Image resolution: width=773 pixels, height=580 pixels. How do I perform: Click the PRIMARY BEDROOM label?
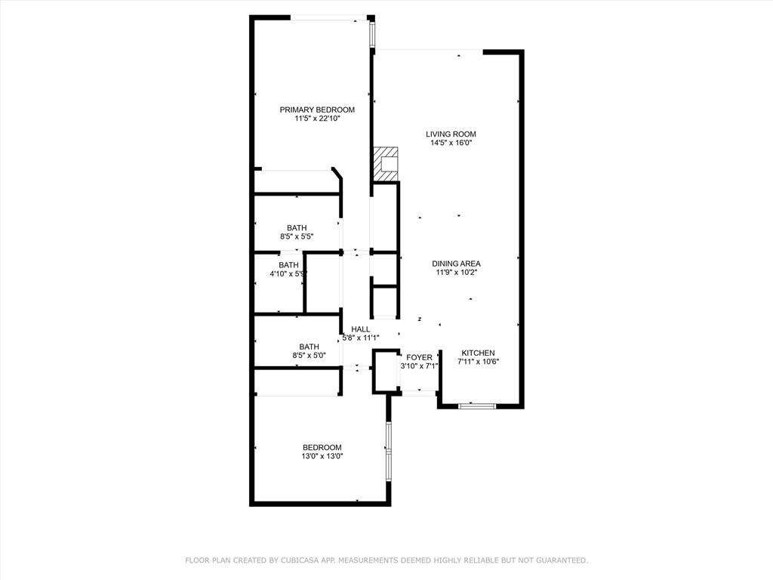click(x=317, y=110)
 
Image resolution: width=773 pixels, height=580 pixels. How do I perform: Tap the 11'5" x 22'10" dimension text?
click(x=317, y=119)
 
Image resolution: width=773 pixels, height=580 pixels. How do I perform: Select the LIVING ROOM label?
click(x=451, y=134)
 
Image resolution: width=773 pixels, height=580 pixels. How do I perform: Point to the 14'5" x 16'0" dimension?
click(x=451, y=143)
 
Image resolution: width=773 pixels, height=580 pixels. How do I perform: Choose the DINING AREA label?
click(x=456, y=264)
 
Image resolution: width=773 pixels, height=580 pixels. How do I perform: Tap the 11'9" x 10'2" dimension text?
click(x=456, y=273)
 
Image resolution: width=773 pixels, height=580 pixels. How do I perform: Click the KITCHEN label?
click(x=478, y=353)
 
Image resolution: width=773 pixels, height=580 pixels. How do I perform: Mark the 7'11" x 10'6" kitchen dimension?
click(x=478, y=362)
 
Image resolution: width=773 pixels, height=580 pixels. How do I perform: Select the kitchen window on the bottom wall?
click(x=477, y=406)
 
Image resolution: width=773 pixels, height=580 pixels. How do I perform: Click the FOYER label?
click(x=419, y=357)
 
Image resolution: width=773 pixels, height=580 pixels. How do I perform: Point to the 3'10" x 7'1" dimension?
click(x=419, y=366)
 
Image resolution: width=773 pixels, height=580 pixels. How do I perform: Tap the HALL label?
click(x=361, y=329)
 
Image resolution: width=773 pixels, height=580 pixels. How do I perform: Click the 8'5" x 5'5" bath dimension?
click(x=297, y=236)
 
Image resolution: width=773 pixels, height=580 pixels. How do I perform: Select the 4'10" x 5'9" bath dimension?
click(x=288, y=274)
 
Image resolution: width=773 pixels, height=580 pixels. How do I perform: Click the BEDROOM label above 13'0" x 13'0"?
click(x=322, y=447)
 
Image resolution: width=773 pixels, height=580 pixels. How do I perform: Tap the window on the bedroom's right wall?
click(x=389, y=452)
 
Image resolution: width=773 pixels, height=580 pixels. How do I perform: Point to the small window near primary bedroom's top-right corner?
click(x=371, y=32)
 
